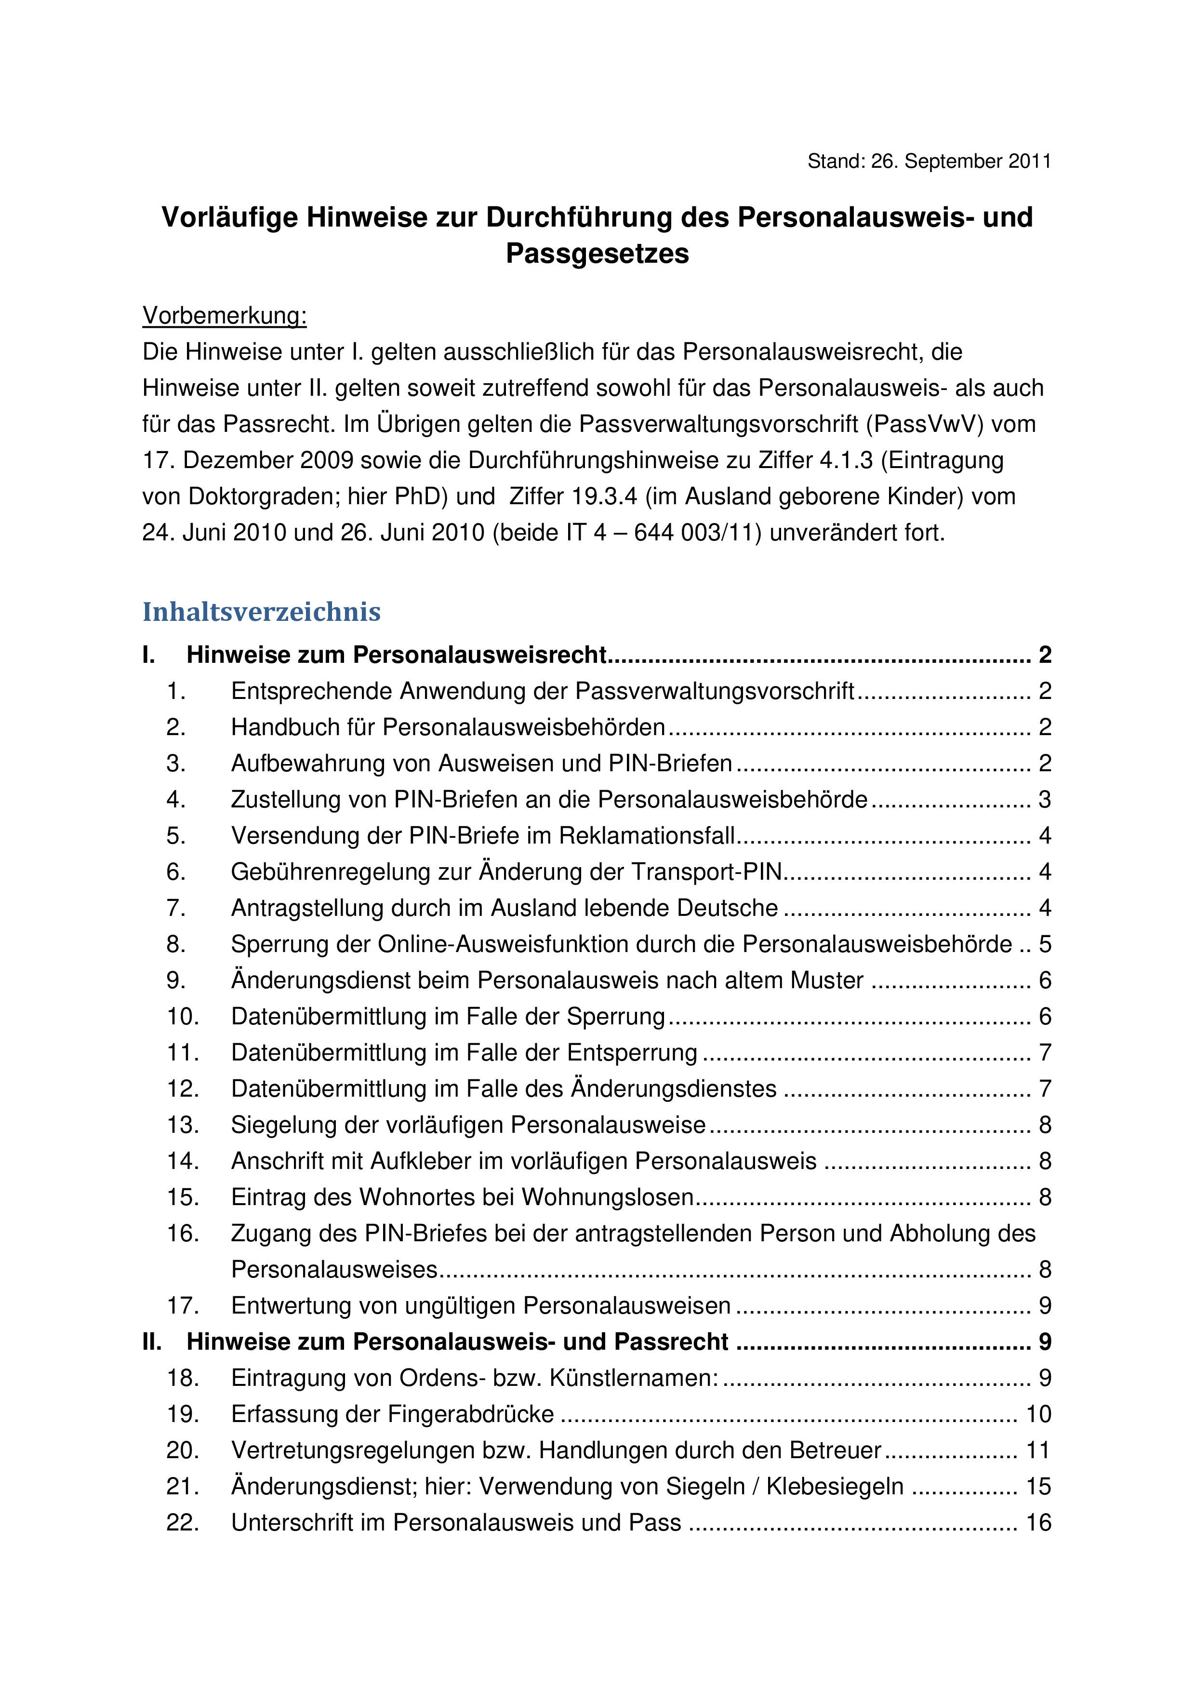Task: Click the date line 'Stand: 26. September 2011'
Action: [x=929, y=161]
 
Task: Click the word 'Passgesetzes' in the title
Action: [x=597, y=254]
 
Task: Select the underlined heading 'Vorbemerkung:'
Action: [x=225, y=315]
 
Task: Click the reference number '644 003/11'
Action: [x=697, y=533]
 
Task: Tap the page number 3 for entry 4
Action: [x=1044, y=799]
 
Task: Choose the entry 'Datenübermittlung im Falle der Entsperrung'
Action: [x=464, y=1052]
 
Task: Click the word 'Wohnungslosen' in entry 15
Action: [x=608, y=1197]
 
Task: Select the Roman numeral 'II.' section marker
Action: [x=152, y=1341]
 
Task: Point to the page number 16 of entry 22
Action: [x=1038, y=1522]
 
